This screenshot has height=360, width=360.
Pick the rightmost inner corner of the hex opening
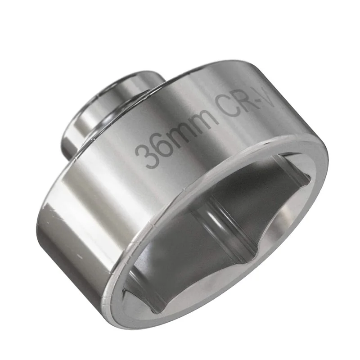[x=310, y=180]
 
